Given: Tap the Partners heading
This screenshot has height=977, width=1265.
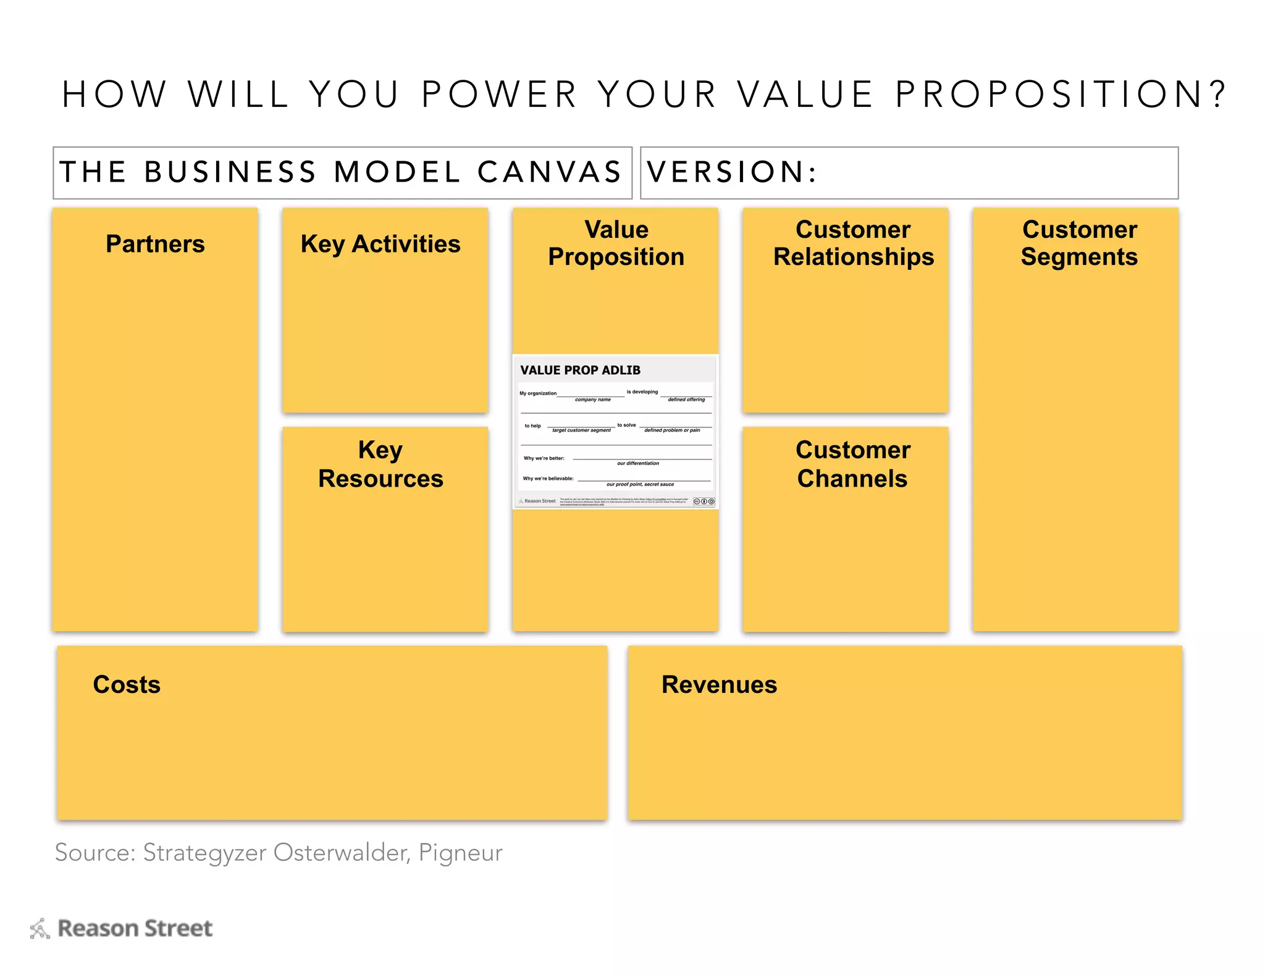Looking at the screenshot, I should (x=155, y=244).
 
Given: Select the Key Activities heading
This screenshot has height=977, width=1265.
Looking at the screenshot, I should (x=380, y=244).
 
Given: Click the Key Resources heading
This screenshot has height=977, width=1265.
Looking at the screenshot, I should (x=380, y=464).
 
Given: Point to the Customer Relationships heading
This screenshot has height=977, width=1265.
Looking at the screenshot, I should (x=853, y=243).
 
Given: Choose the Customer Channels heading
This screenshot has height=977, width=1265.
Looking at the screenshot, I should (x=852, y=464).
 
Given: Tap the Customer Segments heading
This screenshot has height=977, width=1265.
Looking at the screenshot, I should (x=1079, y=243).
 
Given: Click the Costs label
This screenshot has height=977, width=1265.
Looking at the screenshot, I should (x=127, y=684).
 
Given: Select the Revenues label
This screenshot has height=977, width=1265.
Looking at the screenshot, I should (x=719, y=684).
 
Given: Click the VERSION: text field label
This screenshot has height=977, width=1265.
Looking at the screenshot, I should (x=732, y=172).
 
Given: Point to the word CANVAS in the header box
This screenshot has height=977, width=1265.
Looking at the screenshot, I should (x=549, y=172).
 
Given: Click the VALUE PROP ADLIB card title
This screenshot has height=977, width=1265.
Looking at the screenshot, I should (x=580, y=370).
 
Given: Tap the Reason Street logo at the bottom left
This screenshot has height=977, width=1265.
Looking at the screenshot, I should (x=121, y=928).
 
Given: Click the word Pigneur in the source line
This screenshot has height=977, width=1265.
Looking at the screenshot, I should (x=460, y=852).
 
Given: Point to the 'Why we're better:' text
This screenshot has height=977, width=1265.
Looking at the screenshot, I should (x=544, y=458).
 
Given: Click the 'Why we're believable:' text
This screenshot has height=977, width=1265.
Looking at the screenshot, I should (x=548, y=479).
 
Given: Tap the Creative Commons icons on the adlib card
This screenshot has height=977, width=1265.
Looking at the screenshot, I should (x=704, y=501).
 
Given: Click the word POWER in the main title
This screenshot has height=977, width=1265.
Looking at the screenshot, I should (x=499, y=94).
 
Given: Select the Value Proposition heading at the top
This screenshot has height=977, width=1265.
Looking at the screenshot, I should (x=616, y=243).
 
